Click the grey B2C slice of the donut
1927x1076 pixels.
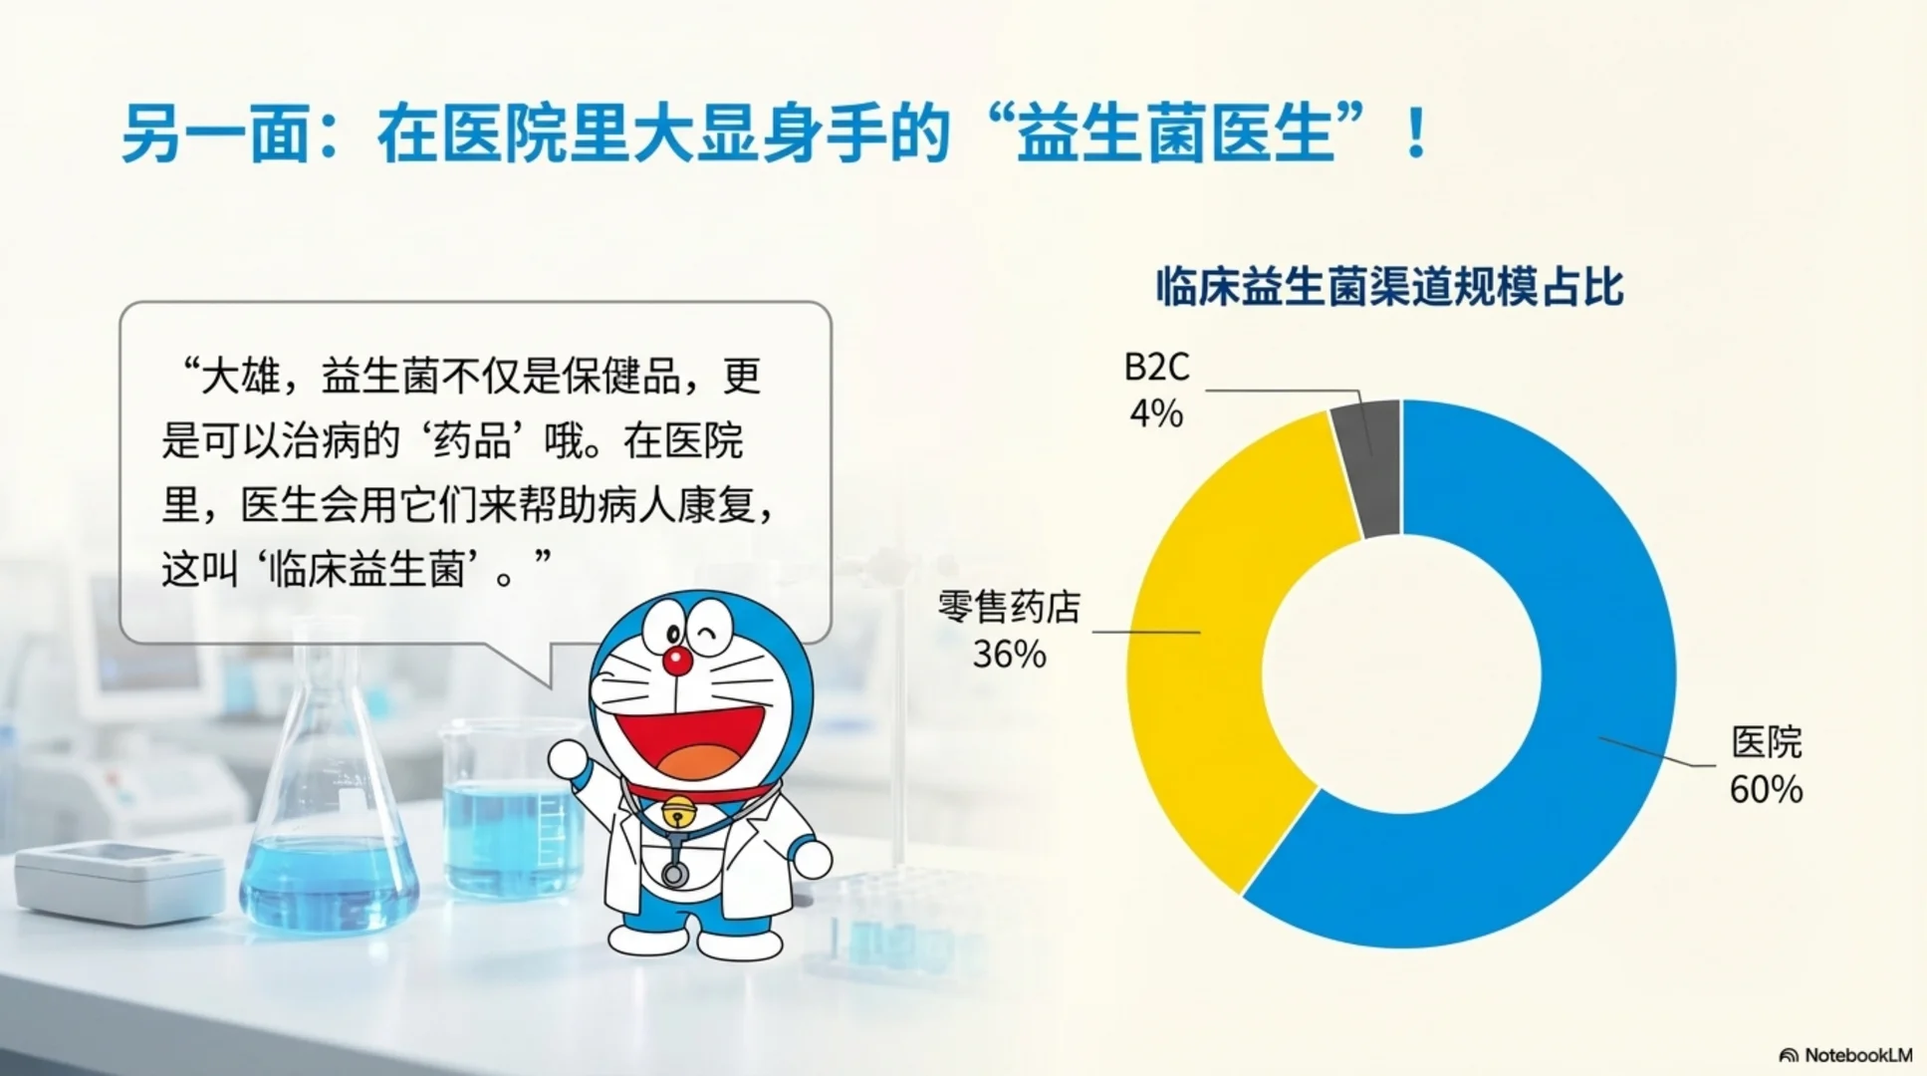tap(1369, 468)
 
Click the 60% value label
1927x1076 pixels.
tap(1766, 790)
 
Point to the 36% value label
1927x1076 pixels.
tap(1009, 655)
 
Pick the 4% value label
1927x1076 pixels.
tap(1156, 412)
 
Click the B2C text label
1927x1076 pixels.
tap(1156, 368)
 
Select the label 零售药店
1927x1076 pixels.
tap(1009, 607)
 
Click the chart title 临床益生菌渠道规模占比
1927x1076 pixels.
tap(1389, 287)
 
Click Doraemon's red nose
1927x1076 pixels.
tap(677, 660)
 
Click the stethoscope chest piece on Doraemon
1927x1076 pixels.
tap(674, 875)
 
